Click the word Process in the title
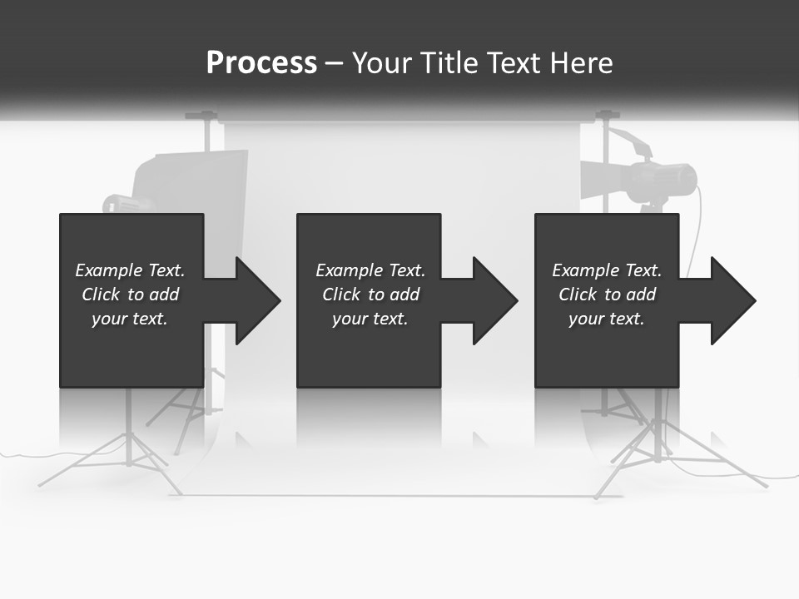(261, 63)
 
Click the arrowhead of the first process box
(258, 301)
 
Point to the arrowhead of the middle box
(495, 301)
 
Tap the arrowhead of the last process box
(733, 301)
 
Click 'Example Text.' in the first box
(130, 270)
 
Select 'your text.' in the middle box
(370, 319)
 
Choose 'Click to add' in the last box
(607, 295)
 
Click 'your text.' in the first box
(130, 319)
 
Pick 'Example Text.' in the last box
(607, 270)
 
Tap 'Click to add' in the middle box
(370, 295)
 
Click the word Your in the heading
(383, 63)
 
